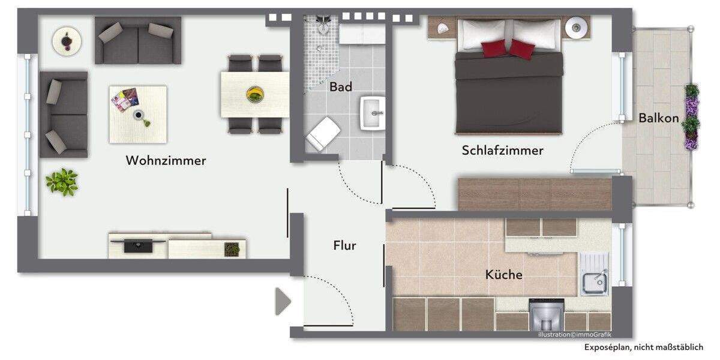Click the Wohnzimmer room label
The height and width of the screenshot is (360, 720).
(x=166, y=161)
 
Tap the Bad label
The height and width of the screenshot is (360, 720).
(x=341, y=87)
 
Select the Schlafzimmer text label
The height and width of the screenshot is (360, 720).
(x=502, y=150)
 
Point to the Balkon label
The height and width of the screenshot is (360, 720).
(x=658, y=118)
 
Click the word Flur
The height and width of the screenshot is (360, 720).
(x=344, y=245)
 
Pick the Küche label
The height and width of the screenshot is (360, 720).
(x=503, y=275)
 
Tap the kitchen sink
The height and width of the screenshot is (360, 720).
(x=594, y=278)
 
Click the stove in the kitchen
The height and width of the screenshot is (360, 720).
(x=546, y=314)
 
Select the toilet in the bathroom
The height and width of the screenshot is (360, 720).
(x=322, y=133)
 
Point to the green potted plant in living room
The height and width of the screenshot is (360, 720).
(x=62, y=181)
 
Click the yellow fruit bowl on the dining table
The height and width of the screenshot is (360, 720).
(x=256, y=94)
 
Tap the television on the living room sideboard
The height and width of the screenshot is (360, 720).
(x=139, y=244)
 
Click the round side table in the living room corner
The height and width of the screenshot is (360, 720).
(x=67, y=41)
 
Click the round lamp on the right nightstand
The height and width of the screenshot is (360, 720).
(x=576, y=26)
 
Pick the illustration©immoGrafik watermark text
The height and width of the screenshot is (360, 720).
(x=575, y=334)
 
